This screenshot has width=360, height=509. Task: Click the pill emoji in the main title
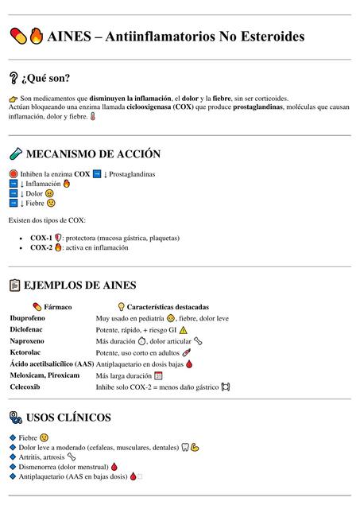[17, 37]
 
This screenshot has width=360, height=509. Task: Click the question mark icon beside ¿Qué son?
[14, 78]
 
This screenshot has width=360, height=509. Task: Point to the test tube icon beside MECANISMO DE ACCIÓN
[15, 154]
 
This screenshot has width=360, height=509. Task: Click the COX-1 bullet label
[41, 237]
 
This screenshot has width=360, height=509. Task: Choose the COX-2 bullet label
[41, 247]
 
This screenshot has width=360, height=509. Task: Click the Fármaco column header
[58, 306]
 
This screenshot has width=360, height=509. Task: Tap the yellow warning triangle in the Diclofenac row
[183, 329]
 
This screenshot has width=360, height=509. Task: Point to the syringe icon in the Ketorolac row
[186, 352]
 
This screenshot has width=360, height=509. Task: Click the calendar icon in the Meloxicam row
[158, 375]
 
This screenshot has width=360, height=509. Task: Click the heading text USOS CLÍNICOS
[68, 418]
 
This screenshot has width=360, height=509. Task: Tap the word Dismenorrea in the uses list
[37, 467]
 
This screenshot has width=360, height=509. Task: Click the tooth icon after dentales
[184, 447]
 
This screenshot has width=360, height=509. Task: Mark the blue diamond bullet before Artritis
[12, 457]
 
